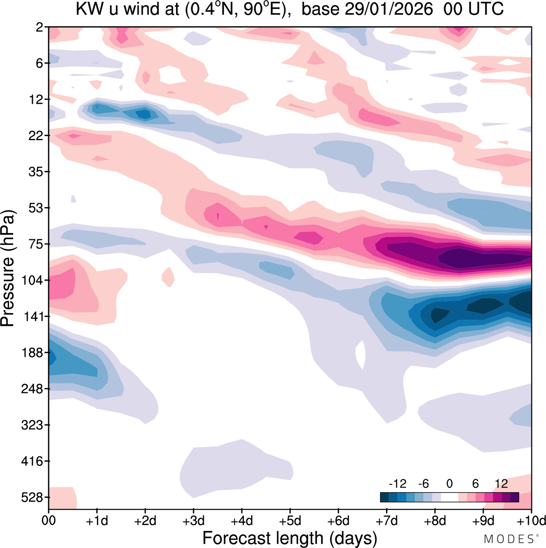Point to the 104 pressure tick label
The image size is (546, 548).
32,280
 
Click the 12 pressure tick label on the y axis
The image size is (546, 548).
35,100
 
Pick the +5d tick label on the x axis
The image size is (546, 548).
290,521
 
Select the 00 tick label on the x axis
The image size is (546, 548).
49,521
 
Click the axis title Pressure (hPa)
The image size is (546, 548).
8,268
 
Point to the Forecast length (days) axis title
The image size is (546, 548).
290,538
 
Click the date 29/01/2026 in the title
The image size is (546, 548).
389,9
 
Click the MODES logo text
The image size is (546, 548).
508,539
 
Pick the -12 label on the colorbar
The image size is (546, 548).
397,484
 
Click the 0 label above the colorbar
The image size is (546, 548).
449,484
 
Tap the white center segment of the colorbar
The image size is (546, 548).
449,497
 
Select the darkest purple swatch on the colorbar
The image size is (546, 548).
514,497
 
